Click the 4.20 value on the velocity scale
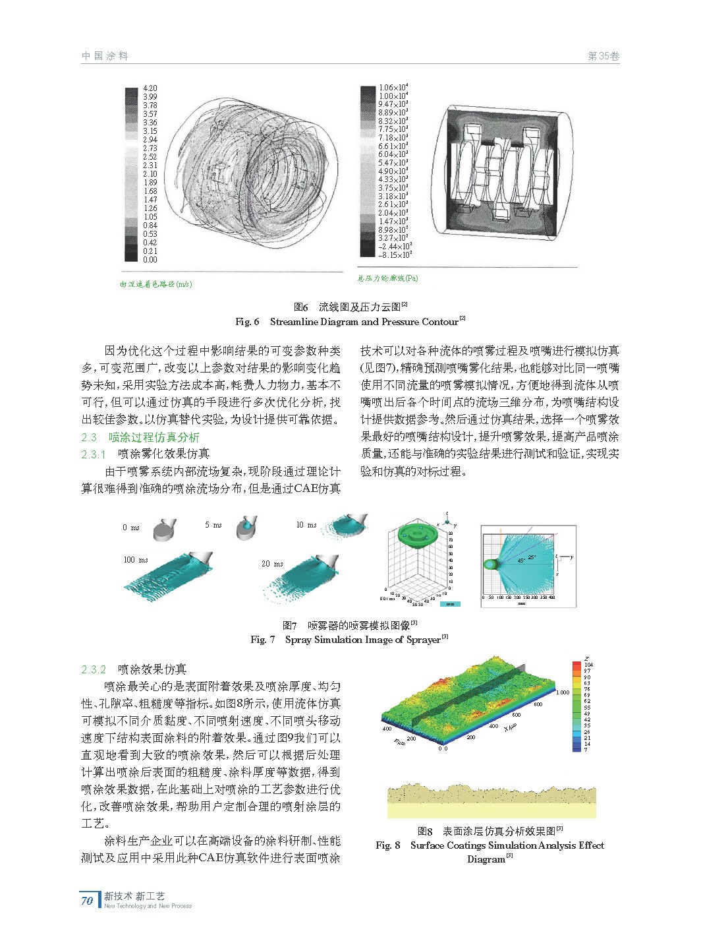(x=150, y=88)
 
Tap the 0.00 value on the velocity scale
(x=150, y=260)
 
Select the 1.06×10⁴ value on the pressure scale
(x=393, y=87)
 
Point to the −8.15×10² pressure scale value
(x=395, y=255)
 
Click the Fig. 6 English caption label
(x=247, y=322)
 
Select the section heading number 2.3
(x=89, y=437)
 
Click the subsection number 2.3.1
(x=94, y=454)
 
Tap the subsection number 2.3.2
(x=94, y=670)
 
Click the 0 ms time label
(x=131, y=528)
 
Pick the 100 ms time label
(x=136, y=560)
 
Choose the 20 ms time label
(x=272, y=564)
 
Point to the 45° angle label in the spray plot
(x=521, y=561)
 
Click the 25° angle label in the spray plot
(x=532, y=557)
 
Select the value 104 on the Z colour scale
(x=588, y=665)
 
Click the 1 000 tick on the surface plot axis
(x=562, y=692)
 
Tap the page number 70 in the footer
(x=87, y=900)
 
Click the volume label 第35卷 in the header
(x=603, y=57)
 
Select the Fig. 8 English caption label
(x=388, y=845)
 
